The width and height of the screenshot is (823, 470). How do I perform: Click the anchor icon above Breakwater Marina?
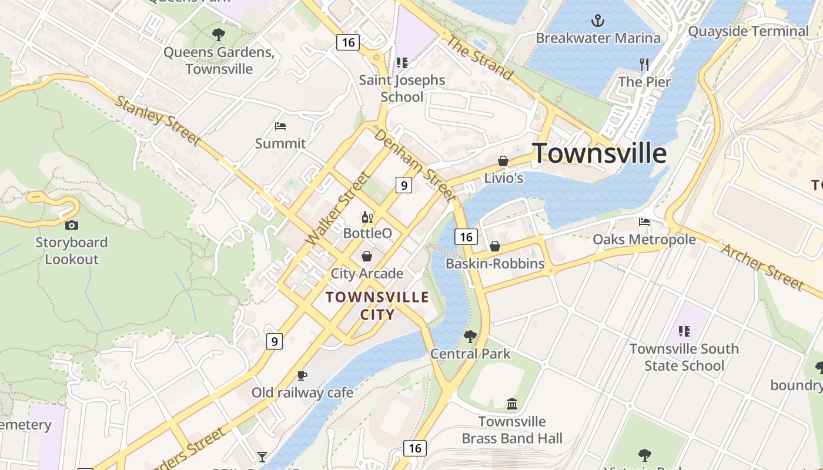(597, 21)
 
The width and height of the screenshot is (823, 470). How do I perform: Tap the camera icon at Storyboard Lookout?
(72, 225)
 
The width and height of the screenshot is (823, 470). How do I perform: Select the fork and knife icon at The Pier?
(644, 65)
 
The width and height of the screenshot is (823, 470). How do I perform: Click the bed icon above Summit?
(280, 126)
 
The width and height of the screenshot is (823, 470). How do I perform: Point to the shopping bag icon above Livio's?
(503, 160)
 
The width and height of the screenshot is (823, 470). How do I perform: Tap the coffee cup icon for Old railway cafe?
(302, 375)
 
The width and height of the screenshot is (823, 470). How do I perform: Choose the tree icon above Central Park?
(470, 337)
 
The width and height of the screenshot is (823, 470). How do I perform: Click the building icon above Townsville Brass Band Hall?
(512, 404)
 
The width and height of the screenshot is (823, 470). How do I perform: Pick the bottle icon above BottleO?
(367, 217)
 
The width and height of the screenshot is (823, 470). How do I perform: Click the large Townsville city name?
(600, 153)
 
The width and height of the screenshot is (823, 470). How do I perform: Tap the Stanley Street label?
(157, 120)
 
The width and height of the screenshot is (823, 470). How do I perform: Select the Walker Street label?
(339, 208)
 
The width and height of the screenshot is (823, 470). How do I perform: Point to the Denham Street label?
(414, 163)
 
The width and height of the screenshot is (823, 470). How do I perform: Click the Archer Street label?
(762, 267)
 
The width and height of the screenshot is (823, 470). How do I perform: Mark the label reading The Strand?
(480, 57)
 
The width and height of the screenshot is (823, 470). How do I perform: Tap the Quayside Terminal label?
(748, 31)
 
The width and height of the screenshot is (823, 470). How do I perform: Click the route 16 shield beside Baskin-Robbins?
(466, 237)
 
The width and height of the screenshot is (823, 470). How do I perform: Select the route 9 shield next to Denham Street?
(403, 185)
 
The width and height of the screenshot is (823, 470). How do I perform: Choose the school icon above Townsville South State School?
(684, 331)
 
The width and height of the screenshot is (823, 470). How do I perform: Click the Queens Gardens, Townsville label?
(219, 61)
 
